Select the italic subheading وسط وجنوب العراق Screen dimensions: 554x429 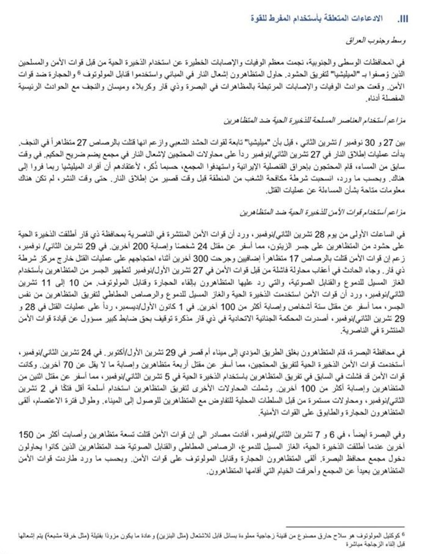[x=373, y=40]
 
